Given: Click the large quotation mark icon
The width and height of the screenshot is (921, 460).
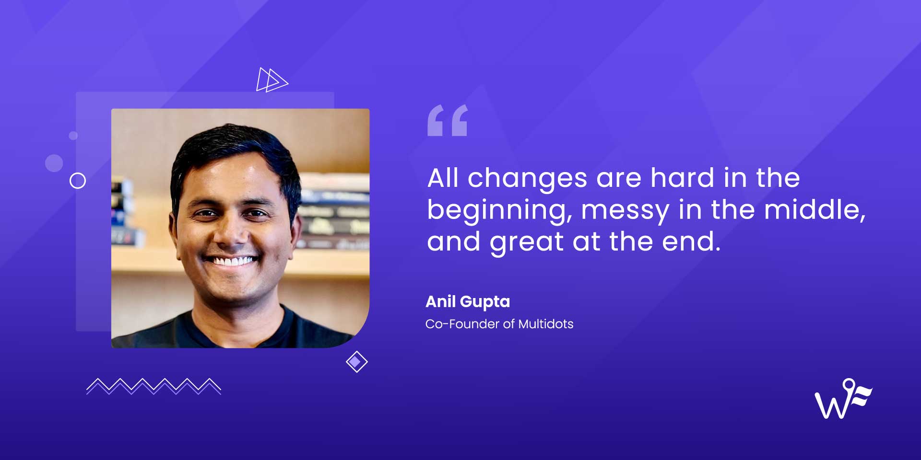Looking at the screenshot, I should [x=447, y=121].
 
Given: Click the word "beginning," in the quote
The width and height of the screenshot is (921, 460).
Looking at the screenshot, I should [x=499, y=211].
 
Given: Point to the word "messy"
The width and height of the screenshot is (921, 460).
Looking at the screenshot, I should [x=625, y=211].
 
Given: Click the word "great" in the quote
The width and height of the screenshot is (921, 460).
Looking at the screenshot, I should [x=527, y=242].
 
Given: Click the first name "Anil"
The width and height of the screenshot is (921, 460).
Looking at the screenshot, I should [x=440, y=301].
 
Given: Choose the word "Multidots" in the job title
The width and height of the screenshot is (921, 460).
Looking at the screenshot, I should [x=546, y=324].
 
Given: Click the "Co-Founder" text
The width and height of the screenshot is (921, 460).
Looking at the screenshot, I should [x=462, y=324].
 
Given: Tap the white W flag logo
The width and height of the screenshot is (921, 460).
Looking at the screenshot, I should [x=843, y=400].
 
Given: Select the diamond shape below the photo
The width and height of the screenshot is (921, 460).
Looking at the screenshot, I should [x=356, y=362].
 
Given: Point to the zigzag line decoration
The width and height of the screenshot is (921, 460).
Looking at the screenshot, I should [x=153, y=386].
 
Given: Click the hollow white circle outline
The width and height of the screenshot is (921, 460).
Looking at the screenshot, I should [x=78, y=181].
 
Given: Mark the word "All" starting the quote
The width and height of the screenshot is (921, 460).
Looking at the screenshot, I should [x=443, y=178].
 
